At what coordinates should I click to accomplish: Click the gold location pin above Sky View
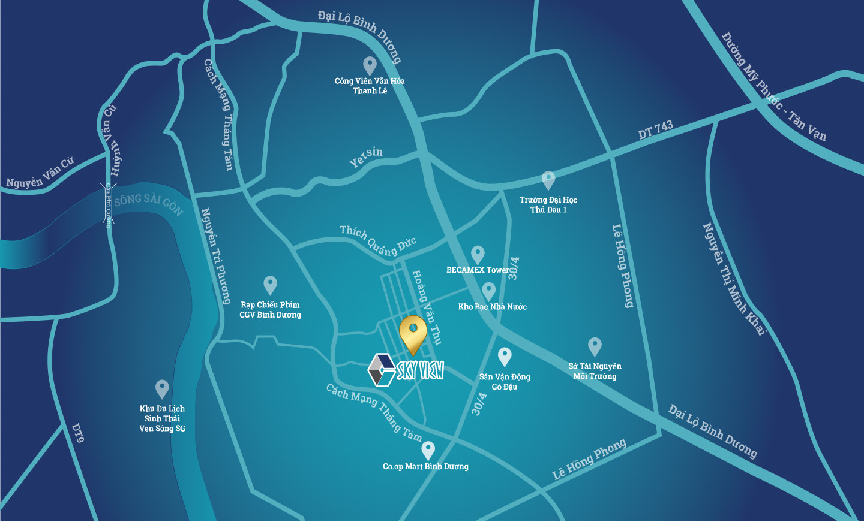pos(413,333)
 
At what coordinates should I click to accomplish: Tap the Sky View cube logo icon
pos(381,370)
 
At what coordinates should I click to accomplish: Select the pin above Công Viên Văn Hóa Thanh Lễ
pos(370,65)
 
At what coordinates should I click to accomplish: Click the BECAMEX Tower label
pos(478,270)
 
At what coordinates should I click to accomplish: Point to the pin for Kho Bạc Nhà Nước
pos(489,291)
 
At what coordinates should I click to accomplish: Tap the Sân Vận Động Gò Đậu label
pos(505,382)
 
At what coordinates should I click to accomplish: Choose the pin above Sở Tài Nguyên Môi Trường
pos(595,346)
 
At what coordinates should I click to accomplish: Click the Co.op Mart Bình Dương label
pos(425,466)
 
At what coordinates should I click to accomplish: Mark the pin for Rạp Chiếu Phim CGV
pos(271,285)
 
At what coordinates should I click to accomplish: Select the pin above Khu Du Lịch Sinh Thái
pos(162,388)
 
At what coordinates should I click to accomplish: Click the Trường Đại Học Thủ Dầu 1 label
pos(548,204)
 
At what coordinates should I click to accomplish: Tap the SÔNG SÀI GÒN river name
pos(148,203)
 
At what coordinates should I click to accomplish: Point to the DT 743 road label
pos(655,129)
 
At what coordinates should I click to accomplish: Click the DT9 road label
pos(78,433)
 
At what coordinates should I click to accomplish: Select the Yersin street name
pos(366,157)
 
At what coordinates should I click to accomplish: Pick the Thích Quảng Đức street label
pos(377,240)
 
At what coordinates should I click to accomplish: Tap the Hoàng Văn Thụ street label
pos(427,307)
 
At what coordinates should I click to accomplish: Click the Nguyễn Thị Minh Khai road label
pos(734,279)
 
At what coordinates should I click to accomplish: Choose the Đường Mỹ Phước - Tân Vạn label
pos(773,86)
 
